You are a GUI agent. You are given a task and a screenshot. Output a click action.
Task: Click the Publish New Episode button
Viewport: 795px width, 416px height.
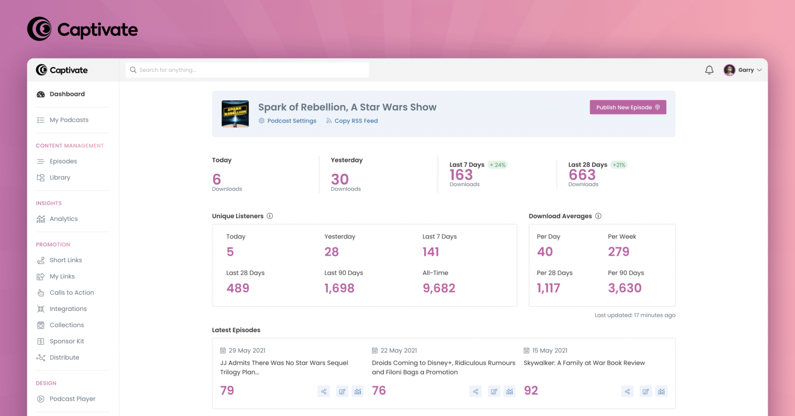(628, 107)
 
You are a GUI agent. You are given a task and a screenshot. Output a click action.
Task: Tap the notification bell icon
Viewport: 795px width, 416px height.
(709, 70)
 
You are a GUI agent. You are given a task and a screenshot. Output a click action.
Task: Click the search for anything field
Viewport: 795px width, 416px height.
(247, 70)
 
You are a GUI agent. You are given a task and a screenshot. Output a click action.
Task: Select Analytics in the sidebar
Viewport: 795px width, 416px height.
(63, 219)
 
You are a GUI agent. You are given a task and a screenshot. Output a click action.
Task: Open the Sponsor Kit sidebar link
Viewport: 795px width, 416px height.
(66, 341)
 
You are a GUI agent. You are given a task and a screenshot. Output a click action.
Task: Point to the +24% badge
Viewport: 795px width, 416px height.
(497, 165)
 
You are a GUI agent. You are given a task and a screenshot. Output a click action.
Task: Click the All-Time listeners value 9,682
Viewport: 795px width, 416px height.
(439, 288)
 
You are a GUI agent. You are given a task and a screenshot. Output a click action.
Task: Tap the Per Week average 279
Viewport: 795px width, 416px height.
(619, 252)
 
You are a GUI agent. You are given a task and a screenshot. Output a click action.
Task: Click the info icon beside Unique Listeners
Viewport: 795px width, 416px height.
(270, 216)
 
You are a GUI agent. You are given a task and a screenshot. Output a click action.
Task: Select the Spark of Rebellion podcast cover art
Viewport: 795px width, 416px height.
(235, 114)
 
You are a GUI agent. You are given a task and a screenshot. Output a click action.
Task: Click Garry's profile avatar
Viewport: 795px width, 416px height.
(729, 70)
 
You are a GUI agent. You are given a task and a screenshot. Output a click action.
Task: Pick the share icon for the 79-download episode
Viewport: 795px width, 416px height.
(323, 392)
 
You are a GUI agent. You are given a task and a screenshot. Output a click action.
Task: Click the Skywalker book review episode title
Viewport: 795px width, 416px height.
(584, 363)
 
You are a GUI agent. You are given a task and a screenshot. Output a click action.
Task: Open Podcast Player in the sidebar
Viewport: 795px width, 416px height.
(72, 399)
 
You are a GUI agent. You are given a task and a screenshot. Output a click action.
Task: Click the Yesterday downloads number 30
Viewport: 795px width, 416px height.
(340, 180)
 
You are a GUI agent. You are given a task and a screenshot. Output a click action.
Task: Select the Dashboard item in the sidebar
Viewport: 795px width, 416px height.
(67, 94)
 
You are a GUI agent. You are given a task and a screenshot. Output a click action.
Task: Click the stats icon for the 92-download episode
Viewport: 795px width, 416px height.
(661, 392)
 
